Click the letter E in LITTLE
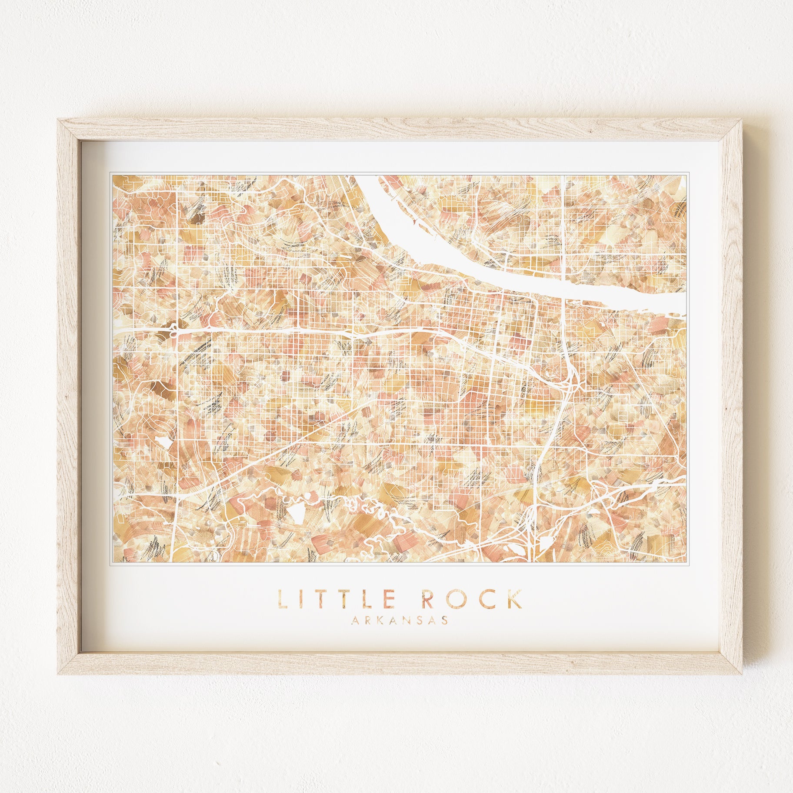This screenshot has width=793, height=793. coord(390,599)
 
